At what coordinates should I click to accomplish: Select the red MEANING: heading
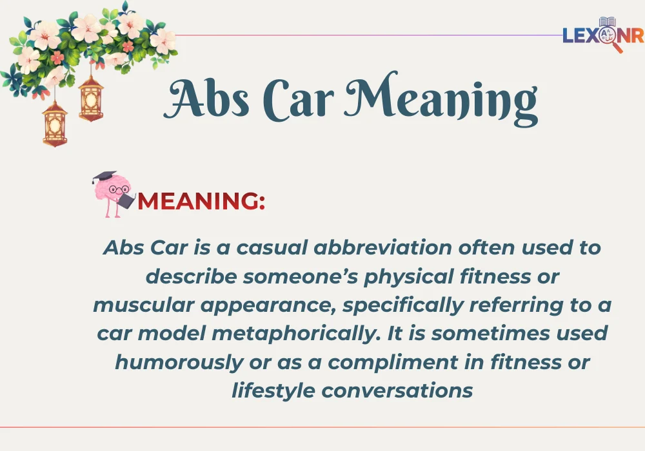tap(201, 201)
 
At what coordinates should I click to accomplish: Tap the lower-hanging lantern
tap(55, 122)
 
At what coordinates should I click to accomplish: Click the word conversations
tap(397, 390)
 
